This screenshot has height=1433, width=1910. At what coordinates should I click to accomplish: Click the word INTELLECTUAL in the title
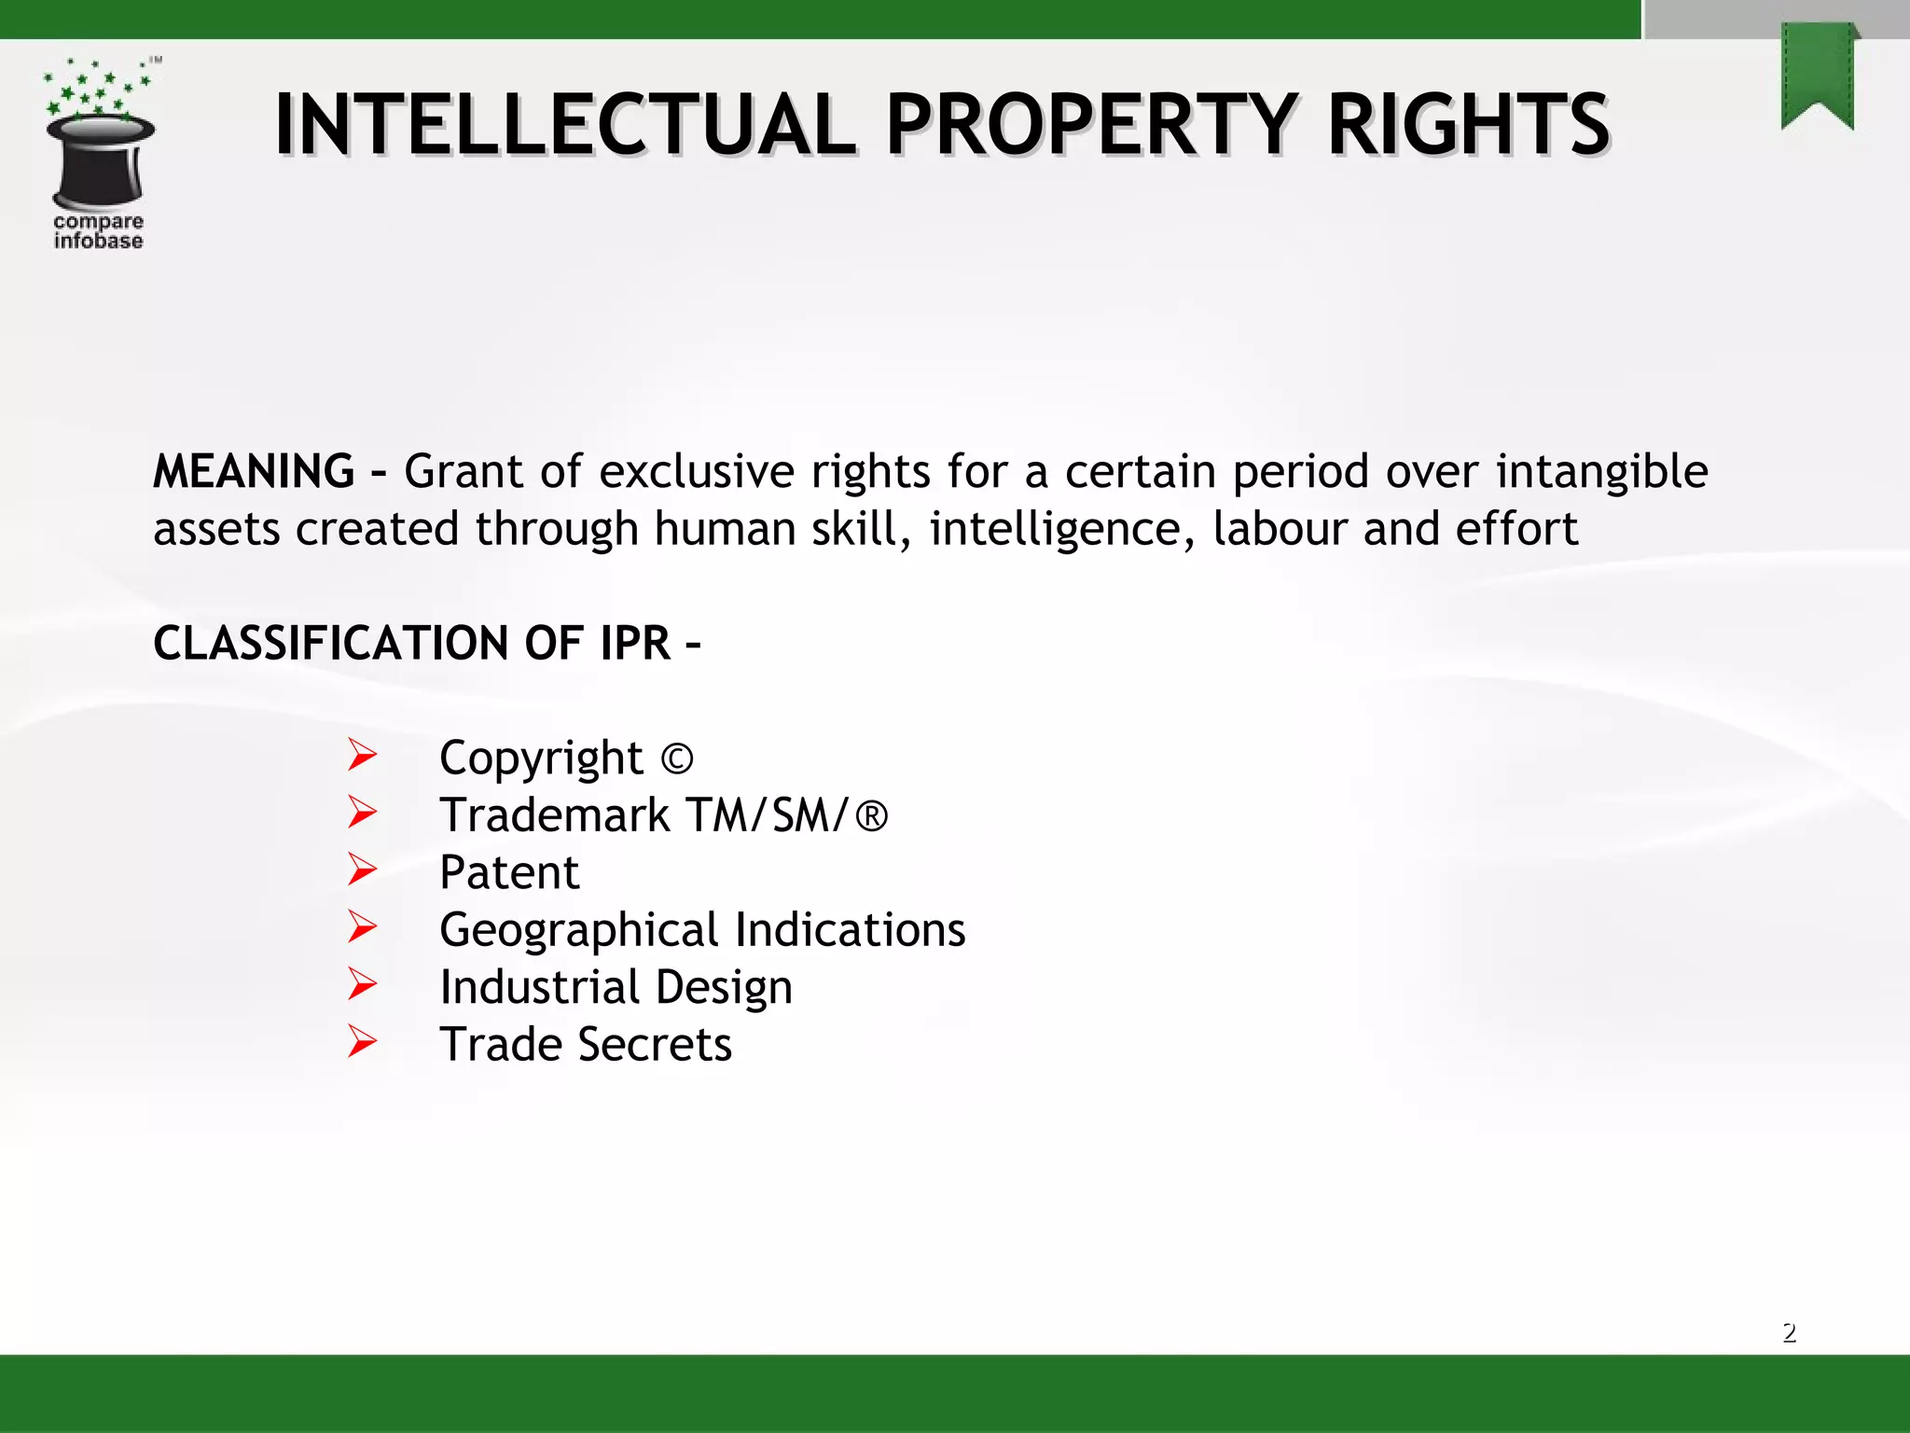coord(565,124)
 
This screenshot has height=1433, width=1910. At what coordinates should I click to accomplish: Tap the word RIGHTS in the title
coord(1468,124)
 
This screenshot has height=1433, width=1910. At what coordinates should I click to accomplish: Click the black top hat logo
coord(100,160)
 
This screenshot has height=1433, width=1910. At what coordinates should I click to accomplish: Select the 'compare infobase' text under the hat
coord(98,231)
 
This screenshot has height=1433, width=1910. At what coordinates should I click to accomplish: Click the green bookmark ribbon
coord(1817,75)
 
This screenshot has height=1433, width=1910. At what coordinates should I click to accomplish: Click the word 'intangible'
coord(1601,471)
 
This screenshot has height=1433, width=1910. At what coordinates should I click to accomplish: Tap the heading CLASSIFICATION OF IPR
coord(426,644)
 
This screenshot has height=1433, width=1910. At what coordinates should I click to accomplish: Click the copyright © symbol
coord(677,758)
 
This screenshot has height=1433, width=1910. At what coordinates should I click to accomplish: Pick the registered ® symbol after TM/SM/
coord(871,816)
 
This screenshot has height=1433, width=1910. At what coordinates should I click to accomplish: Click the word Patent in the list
coord(509,873)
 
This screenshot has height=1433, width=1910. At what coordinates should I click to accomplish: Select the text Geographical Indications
coord(702,930)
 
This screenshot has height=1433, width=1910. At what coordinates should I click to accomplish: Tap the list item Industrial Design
coord(616,987)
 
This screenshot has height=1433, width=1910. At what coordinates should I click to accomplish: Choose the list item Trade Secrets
coord(585,1044)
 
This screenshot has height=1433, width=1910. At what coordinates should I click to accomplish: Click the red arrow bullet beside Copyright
coord(362,755)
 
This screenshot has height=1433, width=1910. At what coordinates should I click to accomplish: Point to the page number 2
coord(1789,1332)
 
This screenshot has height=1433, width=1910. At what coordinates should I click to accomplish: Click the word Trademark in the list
coord(555,816)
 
